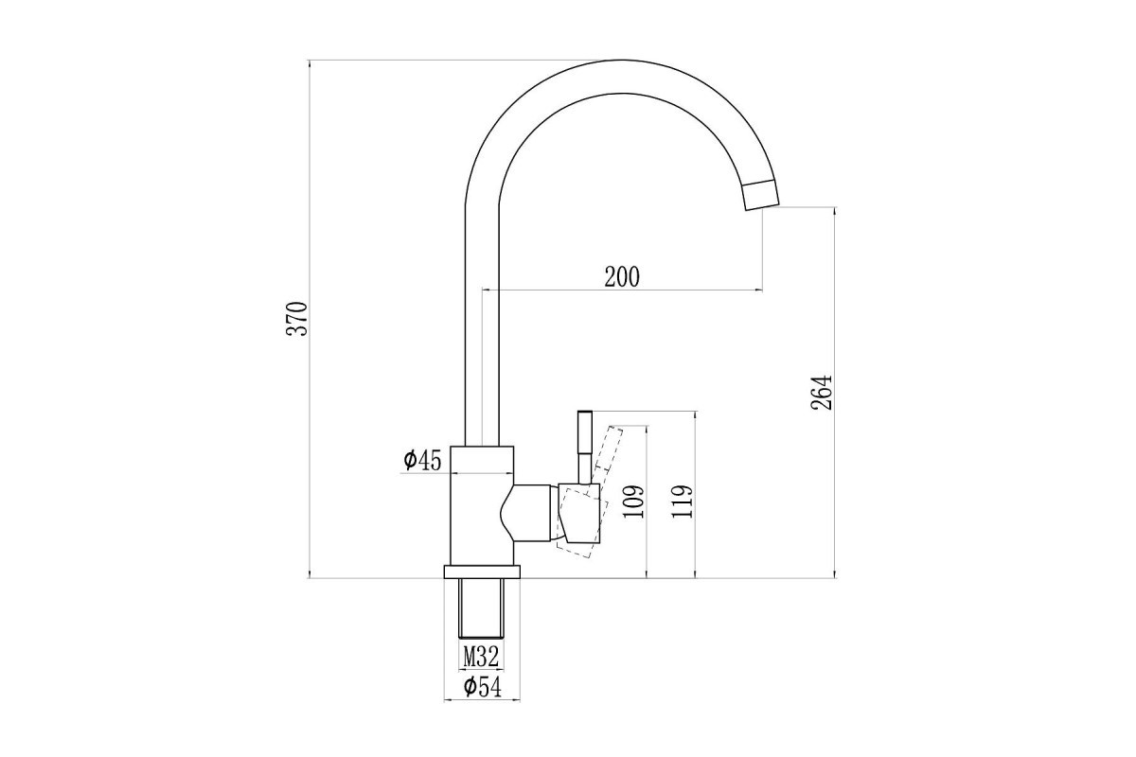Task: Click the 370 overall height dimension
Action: (296, 319)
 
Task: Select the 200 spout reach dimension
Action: (622, 277)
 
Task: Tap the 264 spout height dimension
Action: (822, 393)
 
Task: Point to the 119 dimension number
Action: (682, 502)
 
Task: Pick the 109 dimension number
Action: (634, 502)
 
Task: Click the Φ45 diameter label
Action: (422, 460)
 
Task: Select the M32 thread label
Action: (481, 657)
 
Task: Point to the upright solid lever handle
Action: (585, 447)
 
